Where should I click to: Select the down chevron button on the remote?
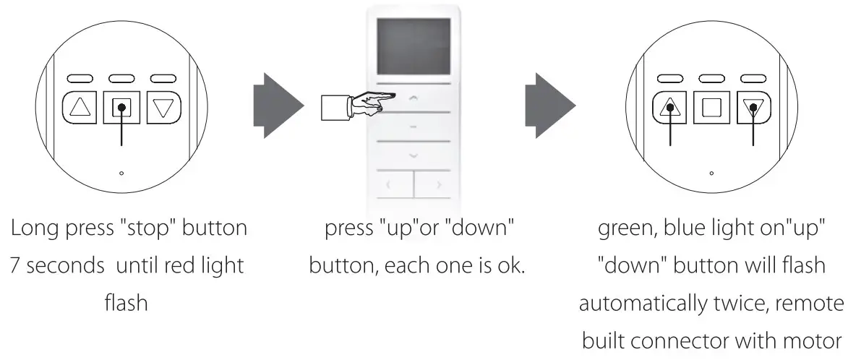coord(413,155)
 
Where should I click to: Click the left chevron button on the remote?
coord(388,185)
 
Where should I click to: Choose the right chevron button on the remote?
coord(439,185)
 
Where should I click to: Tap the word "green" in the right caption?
coord(627,228)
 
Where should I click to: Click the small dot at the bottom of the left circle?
coord(121,173)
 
